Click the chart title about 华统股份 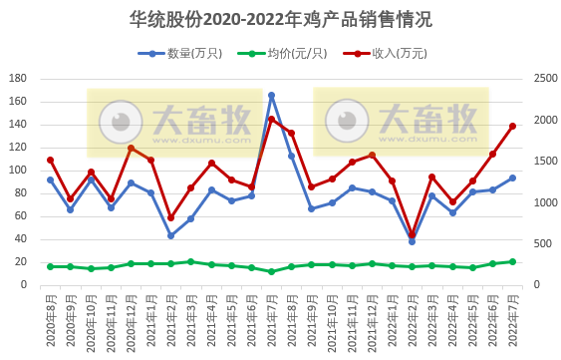(281, 19)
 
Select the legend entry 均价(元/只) (288, 53)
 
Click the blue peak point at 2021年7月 (271, 95)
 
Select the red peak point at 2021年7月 (271, 120)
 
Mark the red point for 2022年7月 (512, 126)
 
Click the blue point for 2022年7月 (512, 179)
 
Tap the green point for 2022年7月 (512, 261)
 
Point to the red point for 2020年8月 (50, 160)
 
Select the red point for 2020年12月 (131, 148)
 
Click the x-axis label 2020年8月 (50, 315)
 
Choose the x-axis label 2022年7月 (512, 315)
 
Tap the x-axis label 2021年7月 (271, 315)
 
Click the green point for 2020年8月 (50, 266)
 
